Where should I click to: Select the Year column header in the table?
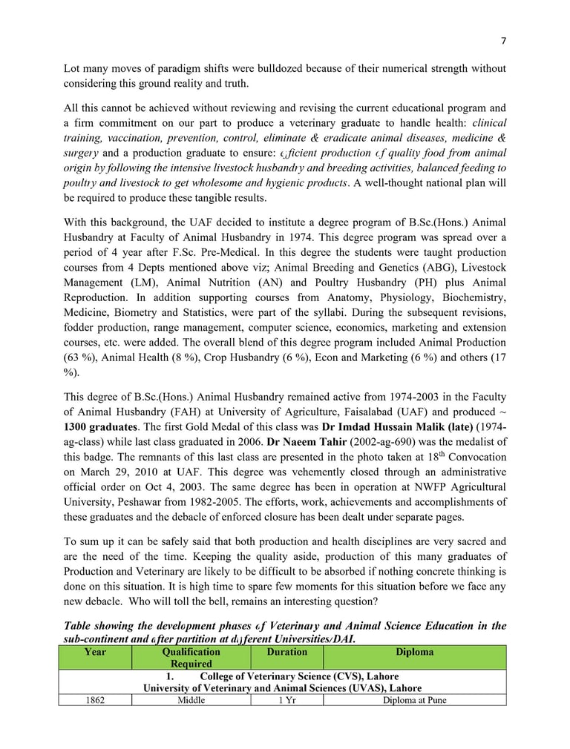(x=95, y=653)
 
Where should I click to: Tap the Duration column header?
(x=286, y=653)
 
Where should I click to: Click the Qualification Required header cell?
(x=191, y=658)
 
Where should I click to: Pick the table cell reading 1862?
(x=95, y=699)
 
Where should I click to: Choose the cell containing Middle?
(x=191, y=699)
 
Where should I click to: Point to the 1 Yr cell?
(x=286, y=699)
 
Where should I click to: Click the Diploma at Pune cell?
(x=414, y=699)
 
